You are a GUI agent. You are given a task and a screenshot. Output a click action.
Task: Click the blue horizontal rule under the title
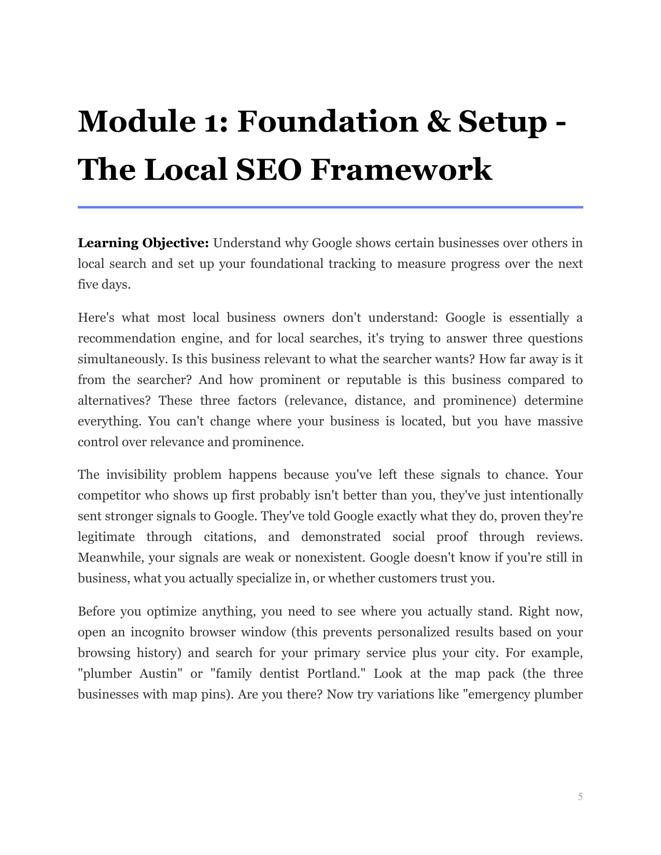[x=330, y=207]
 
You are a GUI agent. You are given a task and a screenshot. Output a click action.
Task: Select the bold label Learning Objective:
[x=143, y=243]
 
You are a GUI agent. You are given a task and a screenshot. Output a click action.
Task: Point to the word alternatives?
[x=115, y=401]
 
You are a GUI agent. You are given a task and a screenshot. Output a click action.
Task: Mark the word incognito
[x=157, y=632]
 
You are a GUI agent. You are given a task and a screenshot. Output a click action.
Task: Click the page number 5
[x=580, y=796]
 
